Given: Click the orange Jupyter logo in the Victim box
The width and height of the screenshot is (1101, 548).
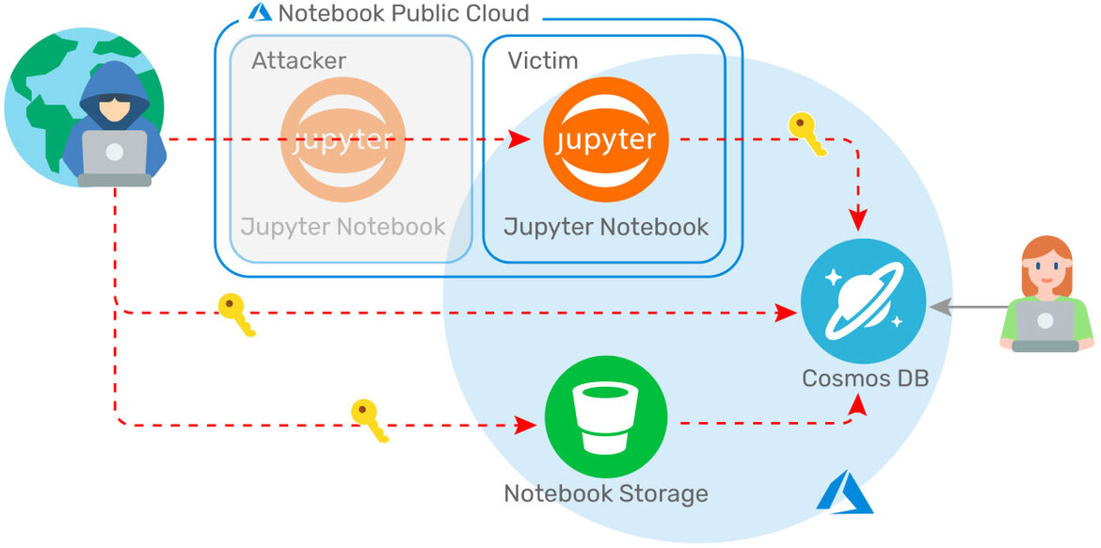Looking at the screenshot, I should coord(606,138).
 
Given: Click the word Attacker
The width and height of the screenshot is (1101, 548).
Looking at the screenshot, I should coord(298,61).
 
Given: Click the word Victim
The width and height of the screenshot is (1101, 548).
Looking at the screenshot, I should coord(543,61).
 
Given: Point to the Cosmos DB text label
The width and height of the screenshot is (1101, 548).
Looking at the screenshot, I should coord(865,379).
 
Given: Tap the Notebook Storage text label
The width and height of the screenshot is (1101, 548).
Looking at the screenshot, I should coord(606,493).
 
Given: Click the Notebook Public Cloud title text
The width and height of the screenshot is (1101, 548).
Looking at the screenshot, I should coord(404,13).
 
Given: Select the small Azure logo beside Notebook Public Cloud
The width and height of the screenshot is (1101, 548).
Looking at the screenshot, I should coord(259,12).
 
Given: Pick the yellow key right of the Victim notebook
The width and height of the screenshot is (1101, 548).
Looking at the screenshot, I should coord(807,135).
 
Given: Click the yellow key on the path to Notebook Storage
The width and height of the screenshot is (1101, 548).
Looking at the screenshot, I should coord(369,419).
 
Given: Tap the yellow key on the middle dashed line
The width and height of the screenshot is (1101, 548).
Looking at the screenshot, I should coord(235,314).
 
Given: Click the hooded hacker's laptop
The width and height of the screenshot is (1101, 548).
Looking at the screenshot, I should coord(114,155).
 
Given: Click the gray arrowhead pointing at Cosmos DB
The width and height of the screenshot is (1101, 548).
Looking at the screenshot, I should coord(935,306).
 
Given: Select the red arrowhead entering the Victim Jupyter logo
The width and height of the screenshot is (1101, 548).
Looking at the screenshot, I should coord(519,139).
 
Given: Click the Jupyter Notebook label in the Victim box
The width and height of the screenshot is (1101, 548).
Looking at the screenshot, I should coord(606,227).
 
